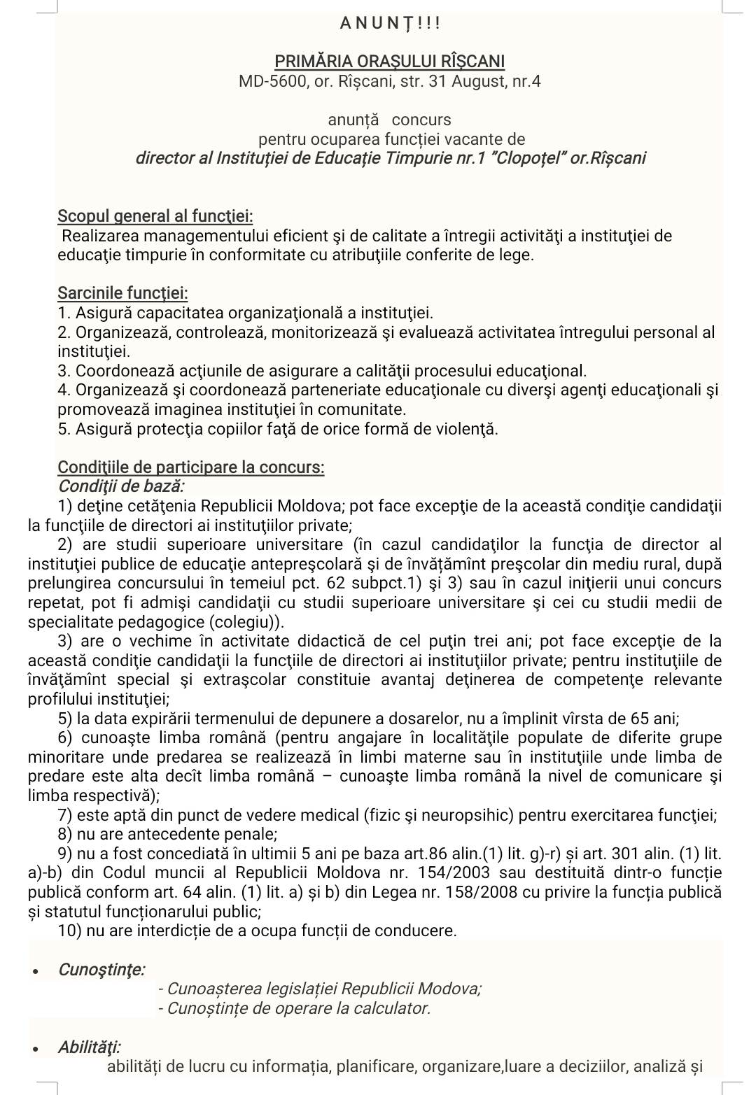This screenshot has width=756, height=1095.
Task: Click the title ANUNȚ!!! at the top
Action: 390,23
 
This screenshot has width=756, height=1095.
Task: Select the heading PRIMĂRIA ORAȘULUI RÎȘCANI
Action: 389,62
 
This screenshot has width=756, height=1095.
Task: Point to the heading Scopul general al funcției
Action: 155,216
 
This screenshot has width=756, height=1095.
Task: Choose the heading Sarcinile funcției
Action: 122,293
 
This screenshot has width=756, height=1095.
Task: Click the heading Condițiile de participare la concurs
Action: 190,467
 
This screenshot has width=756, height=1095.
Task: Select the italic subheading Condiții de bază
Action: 121,486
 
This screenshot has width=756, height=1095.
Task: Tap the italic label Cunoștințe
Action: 101,969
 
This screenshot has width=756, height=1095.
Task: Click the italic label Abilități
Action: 90,1047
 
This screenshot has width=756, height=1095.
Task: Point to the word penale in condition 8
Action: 253,834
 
